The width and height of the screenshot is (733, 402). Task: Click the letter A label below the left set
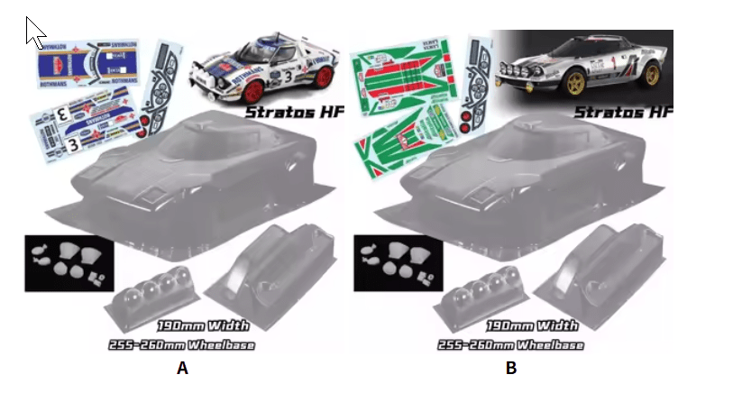pyautogui.click(x=183, y=368)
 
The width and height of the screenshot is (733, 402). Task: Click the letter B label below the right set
pyautogui.click(x=511, y=368)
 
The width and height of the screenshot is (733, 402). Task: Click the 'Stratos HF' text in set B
pyautogui.click(x=623, y=113)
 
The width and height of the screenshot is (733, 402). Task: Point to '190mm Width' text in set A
pyautogui.click(x=202, y=325)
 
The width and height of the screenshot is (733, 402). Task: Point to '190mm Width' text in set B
pyautogui.click(x=532, y=325)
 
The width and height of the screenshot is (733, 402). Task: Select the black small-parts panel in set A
pyautogui.click(x=68, y=262)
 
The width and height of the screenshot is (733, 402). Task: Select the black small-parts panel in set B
pyautogui.click(x=397, y=262)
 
